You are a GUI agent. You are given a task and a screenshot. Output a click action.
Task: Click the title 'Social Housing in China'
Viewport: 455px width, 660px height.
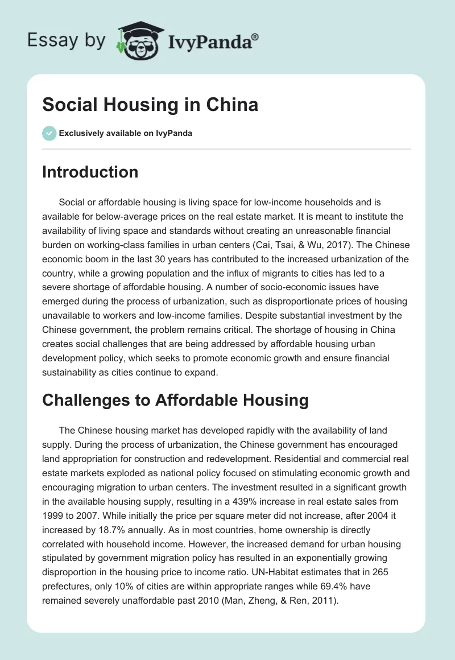click(150, 105)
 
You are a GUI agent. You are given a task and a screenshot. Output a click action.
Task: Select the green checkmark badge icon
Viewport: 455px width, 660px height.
click(49, 133)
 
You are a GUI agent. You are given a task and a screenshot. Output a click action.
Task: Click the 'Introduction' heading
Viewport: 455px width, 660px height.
click(90, 172)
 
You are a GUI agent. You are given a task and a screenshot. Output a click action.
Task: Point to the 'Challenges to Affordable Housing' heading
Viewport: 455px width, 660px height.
click(175, 400)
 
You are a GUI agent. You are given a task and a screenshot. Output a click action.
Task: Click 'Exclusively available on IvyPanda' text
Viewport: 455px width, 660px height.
click(125, 134)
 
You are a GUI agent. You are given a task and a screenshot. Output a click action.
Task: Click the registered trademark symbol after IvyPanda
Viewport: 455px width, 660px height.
click(255, 35)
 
